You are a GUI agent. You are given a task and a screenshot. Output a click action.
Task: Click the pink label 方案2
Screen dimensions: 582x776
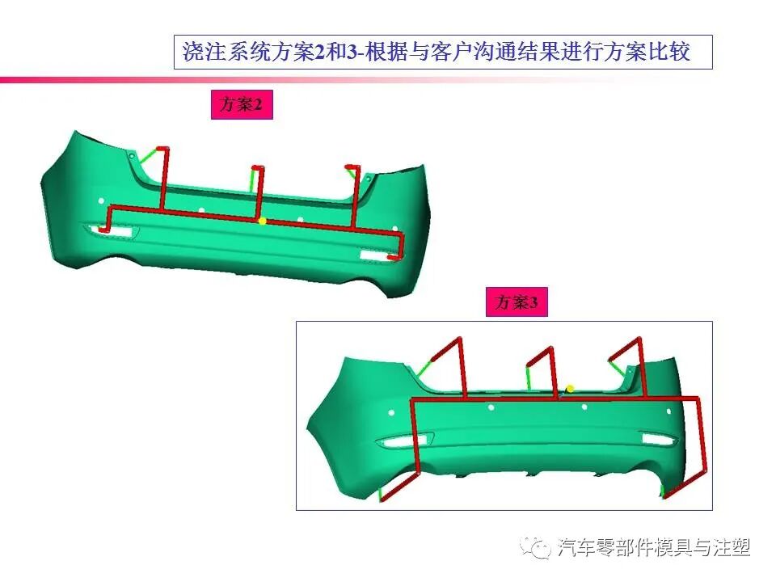242,105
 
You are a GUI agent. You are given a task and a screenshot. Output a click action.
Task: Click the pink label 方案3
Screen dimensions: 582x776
517,302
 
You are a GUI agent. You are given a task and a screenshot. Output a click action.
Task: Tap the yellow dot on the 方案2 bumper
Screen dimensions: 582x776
262,220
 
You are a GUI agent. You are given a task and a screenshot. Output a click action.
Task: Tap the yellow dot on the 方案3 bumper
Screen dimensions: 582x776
570,389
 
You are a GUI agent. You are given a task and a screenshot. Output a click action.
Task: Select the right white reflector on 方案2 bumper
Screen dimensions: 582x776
374,256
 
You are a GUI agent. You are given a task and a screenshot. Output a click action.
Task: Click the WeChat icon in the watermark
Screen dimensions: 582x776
536,549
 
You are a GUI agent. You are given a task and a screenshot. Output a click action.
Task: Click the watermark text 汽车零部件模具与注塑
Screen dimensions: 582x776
654,549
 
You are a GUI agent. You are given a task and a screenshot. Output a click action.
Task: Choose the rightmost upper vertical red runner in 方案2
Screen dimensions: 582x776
355,194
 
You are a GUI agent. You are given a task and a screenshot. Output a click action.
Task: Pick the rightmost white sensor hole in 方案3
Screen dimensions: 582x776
668,411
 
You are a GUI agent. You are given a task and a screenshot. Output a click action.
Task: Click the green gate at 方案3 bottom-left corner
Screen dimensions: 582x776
380,493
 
